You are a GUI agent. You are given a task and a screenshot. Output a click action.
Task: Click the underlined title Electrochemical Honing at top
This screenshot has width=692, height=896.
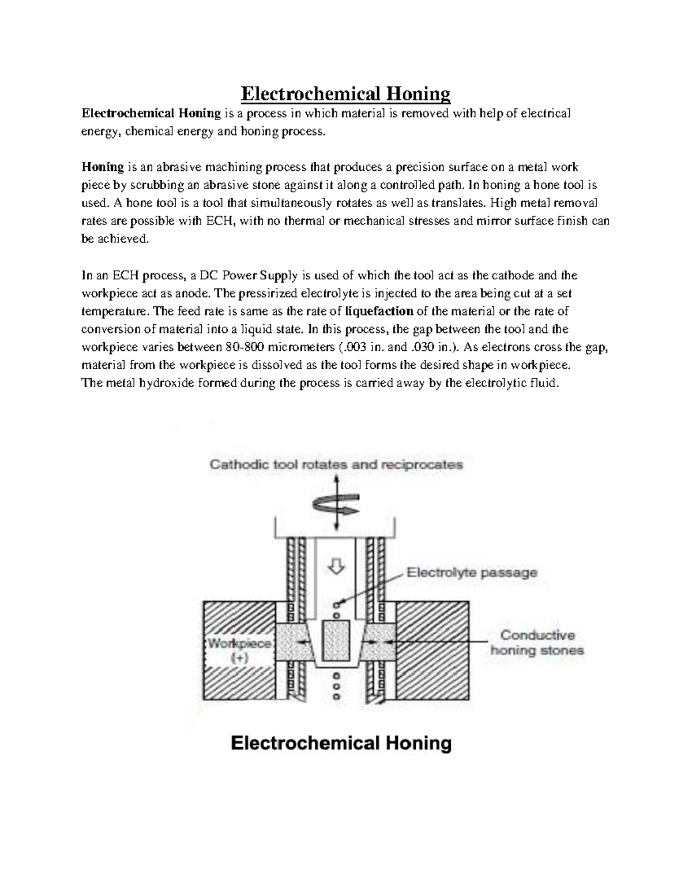[x=345, y=93]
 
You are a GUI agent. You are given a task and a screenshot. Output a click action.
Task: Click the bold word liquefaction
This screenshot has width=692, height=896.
[x=378, y=312]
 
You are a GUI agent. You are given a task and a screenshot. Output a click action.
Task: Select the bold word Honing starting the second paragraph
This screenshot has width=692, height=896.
[x=103, y=167]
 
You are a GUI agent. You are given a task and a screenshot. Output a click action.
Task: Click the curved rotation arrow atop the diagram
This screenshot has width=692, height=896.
[x=336, y=505]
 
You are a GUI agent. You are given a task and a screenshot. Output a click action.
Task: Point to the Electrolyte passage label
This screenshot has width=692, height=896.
[x=472, y=573]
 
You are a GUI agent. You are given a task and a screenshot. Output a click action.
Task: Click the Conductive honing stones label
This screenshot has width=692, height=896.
[x=537, y=643]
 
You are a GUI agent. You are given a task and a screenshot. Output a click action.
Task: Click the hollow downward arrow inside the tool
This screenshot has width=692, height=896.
[x=336, y=567]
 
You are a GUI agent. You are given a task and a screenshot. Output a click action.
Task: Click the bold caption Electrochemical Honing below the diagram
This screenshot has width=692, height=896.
[x=341, y=743]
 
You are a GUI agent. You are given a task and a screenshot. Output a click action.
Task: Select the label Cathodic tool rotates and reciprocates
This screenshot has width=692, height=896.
[x=336, y=464]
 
